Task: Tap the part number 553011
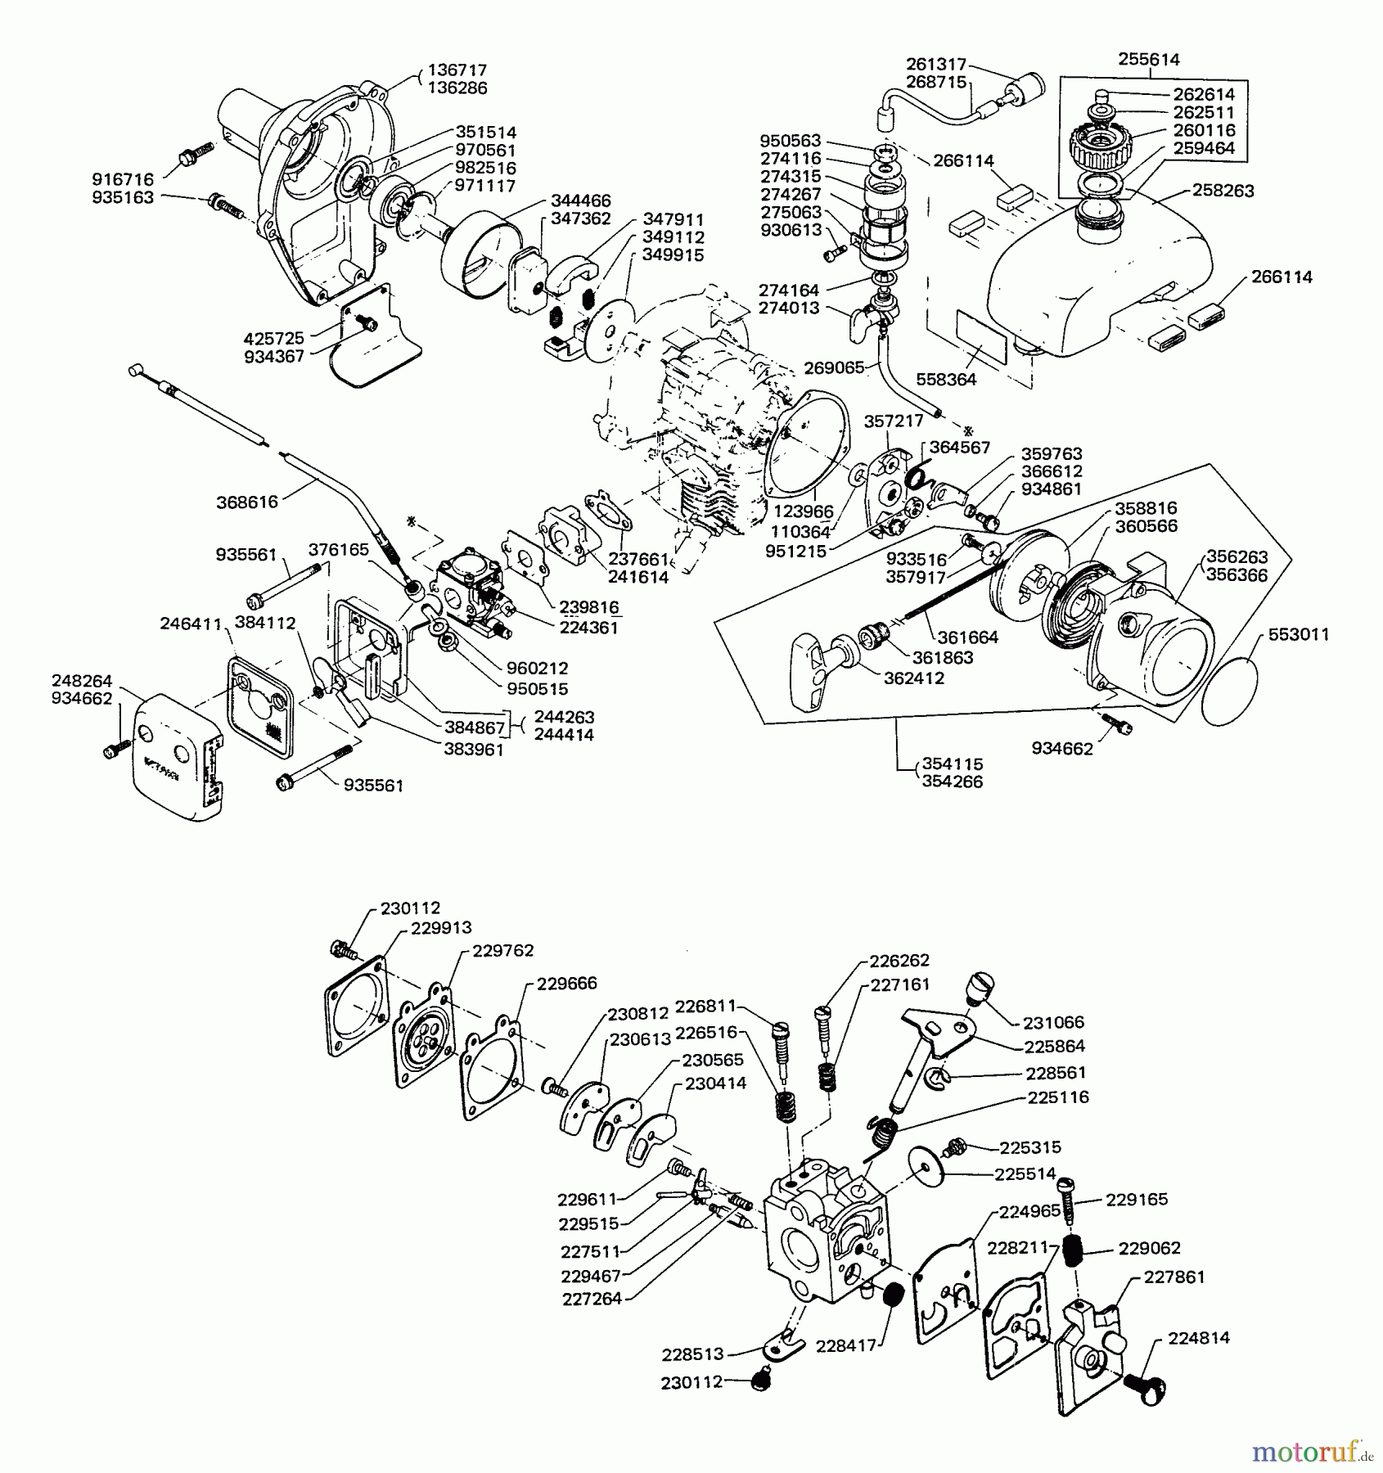click(x=1299, y=634)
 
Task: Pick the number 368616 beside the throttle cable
click(x=247, y=502)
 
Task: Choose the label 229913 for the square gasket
click(x=441, y=929)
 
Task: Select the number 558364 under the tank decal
click(x=948, y=380)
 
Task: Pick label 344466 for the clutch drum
click(x=580, y=200)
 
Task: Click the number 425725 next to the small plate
click(x=273, y=338)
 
